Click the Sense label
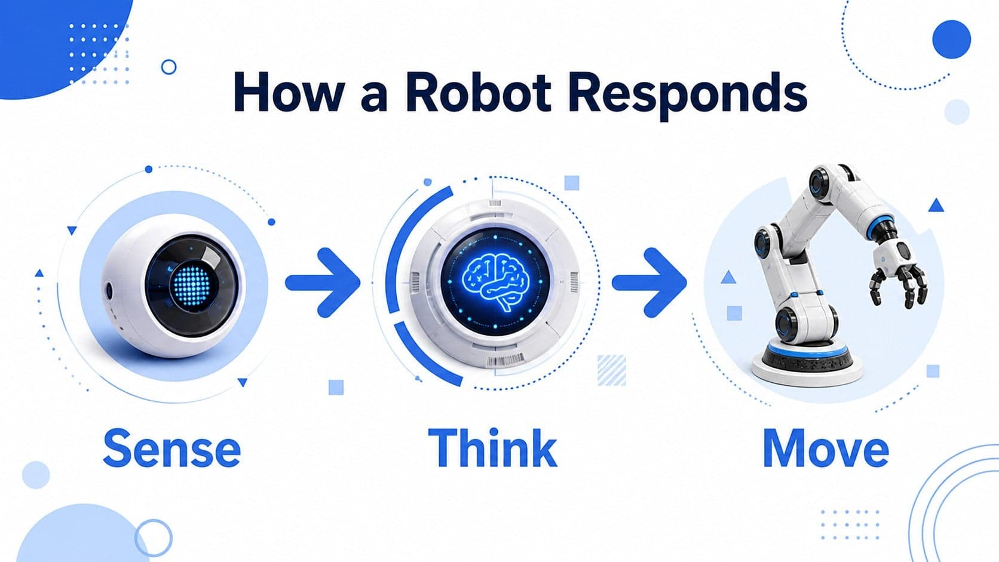172,448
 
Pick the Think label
492,447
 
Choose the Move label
826,448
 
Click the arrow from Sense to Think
323,282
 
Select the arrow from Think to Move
649,282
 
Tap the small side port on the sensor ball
108,290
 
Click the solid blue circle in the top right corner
951,39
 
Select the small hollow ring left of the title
168,67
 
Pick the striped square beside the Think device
611,370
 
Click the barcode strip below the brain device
505,360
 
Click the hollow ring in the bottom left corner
154,538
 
